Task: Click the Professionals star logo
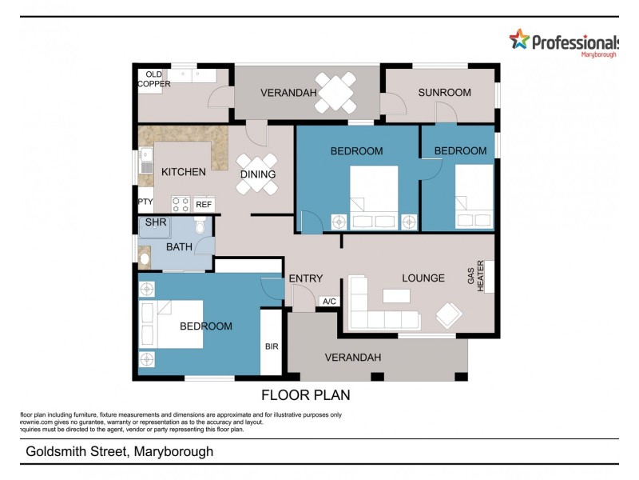pos(519,39)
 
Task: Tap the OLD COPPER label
pos(153,79)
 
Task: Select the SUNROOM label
pos(444,93)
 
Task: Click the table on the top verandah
pos(335,93)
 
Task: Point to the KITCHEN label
pos(184,172)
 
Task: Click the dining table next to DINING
pos(257,174)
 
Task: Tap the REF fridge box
pos(204,205)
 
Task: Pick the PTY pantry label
pos(145,202)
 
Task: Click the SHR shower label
pos(155,223)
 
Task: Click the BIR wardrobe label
pos(272,347)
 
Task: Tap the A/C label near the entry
pos(328,302)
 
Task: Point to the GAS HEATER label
pos(475,279)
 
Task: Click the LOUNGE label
pos(423,278)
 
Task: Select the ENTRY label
pos(306,278)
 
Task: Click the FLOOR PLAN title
pos(306,395)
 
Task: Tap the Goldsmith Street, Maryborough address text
pos(119,452)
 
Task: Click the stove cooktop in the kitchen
pos(181,204)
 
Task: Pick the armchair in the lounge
pos(449,315)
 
